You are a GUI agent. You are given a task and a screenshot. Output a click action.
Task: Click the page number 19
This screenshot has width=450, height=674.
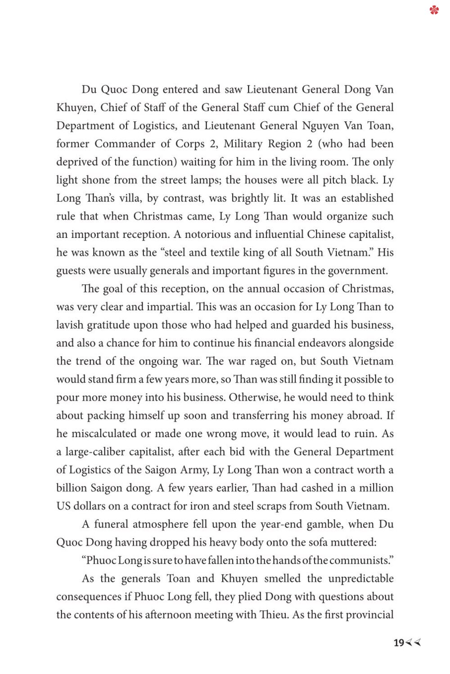pos(399,643)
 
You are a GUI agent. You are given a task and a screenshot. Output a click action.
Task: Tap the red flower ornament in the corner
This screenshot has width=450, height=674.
pos(434,10)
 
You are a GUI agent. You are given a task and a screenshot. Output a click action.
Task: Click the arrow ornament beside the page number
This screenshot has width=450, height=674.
pos(414,643)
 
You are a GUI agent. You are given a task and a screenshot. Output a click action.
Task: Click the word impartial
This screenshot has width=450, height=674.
pos(169,307)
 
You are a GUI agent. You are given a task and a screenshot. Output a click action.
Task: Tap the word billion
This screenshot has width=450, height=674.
pos(71,488)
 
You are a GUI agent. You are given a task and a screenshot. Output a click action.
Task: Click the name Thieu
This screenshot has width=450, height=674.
pos(273,615)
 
